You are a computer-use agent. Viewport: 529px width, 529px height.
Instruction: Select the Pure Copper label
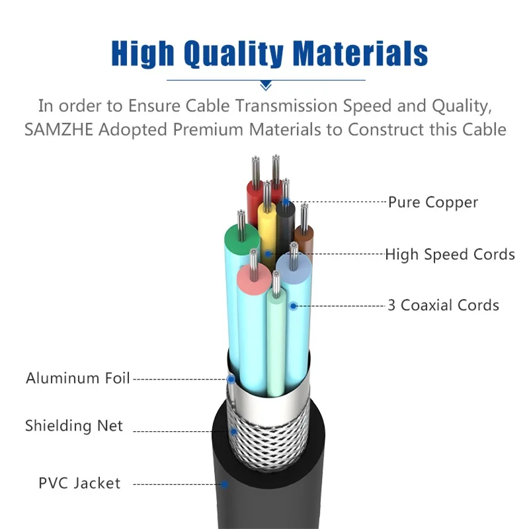tap(432, 202)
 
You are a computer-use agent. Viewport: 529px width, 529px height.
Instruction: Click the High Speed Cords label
tap(450, 254)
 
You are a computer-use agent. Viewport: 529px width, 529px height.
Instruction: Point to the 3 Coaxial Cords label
tap(443, 305)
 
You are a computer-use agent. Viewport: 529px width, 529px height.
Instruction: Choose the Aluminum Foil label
tap(77, 379)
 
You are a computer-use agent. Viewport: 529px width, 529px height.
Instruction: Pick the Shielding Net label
tap(74, 425)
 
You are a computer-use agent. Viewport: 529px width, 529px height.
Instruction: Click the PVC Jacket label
tap(79, 483)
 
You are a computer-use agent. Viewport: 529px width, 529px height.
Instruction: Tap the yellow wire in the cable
tap(267, 228)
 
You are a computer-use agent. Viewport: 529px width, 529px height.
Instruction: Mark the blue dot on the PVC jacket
tap(225, 484)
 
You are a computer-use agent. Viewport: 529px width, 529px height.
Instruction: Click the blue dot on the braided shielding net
tap(233, 432)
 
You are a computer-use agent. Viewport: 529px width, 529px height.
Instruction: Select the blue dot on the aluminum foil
tap(231, 379)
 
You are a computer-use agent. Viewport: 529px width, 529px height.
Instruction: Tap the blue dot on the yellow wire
tap(268, 253)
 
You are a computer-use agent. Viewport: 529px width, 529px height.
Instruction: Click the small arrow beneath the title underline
tap(266, 85)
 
